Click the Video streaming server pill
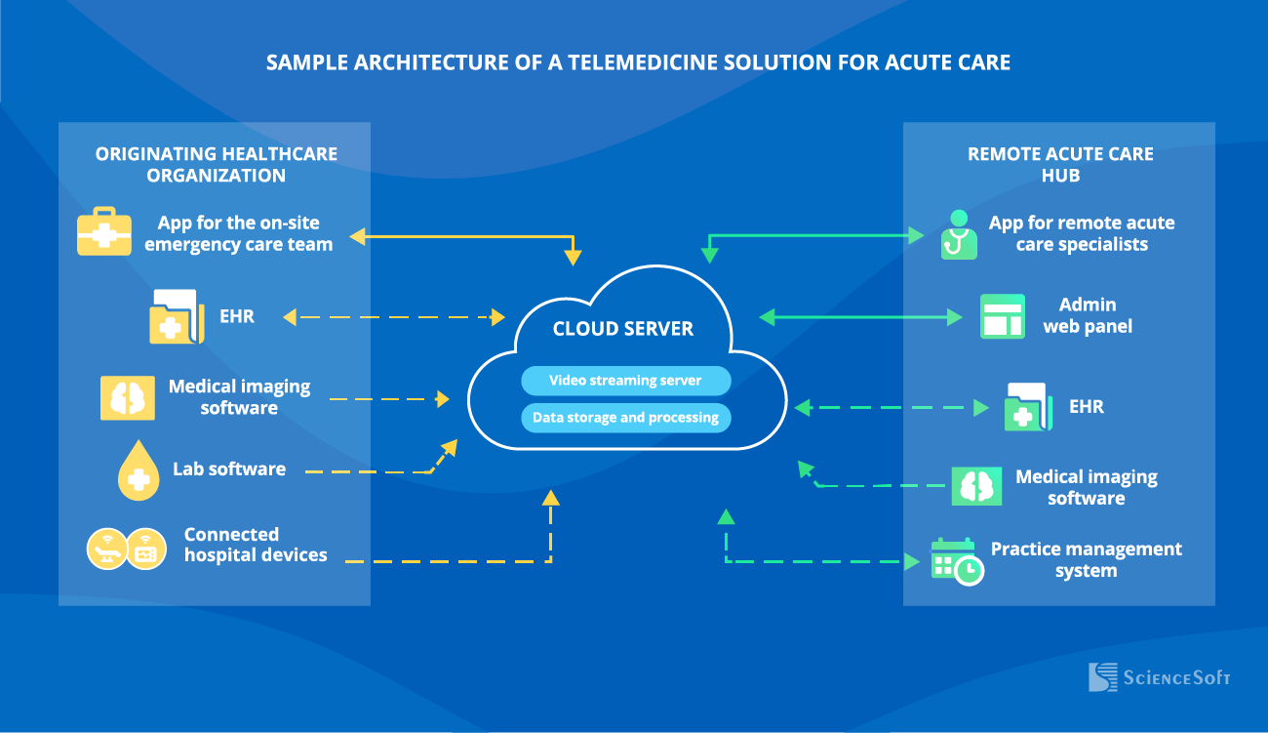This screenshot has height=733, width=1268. [625, 380]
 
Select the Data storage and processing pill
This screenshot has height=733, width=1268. [625, 418]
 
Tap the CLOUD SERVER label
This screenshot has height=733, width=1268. [622, 329]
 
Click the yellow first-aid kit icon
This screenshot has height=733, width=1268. [104, 231]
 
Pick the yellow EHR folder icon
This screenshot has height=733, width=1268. [177, 316]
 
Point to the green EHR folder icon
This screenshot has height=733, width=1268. [1029, 407]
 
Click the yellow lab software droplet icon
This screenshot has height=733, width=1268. [139, 469]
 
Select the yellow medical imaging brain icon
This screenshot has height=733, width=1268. [128, 397]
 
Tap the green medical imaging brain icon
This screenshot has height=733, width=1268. [976, 486]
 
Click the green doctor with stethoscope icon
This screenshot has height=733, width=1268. [959, 234]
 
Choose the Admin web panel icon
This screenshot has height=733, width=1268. [1003, 316]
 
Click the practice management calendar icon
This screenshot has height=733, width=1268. [957, 561]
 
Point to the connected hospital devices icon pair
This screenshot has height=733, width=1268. [126, 549]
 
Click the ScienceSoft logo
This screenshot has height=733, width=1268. [1159, 677]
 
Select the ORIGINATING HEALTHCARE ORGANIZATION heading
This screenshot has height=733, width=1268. [217, 164]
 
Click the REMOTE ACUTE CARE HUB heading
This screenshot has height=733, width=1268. [1060, 164]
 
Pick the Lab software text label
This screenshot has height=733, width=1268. [229, 469]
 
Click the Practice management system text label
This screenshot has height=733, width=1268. [1087, 559]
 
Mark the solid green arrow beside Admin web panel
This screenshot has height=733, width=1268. [860, 317]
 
